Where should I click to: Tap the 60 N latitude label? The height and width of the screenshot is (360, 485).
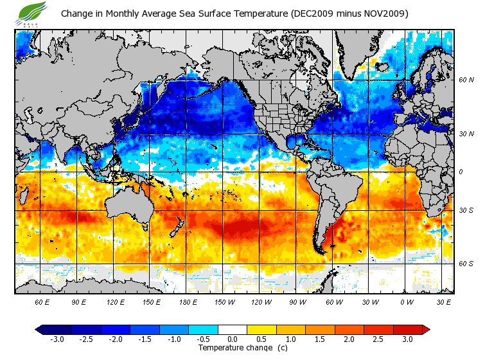[466, 80]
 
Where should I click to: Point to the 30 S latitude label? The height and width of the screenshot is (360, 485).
[466, 211]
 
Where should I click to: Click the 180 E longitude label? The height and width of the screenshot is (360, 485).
[188, 301]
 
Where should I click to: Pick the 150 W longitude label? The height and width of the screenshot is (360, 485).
[224, 301]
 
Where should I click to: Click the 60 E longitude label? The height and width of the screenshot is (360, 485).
[42, 301]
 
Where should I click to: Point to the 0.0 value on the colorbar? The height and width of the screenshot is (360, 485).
[233, 339]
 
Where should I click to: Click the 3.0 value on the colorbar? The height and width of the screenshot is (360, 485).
[407, 339]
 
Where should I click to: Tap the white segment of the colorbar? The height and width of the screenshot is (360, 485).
[233, 329]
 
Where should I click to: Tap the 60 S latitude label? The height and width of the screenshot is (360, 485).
[466, 264]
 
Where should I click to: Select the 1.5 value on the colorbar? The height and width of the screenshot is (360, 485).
[320, 339]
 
